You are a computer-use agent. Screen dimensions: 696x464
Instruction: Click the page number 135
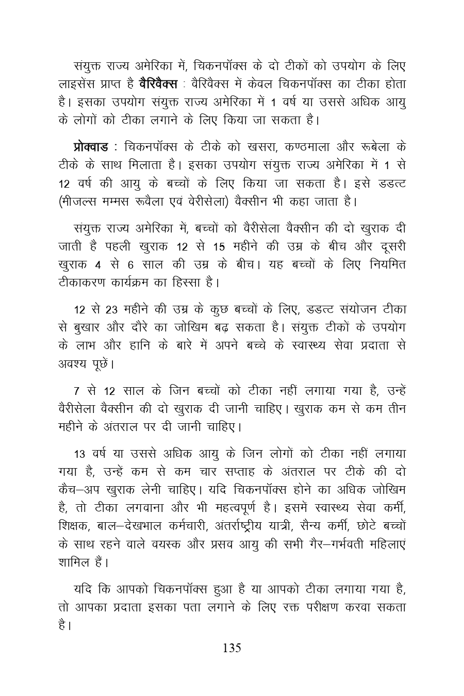(231, 648)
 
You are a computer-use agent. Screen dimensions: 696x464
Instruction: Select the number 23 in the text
(112, 310)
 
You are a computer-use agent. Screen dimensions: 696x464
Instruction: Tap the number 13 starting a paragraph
(81, 454)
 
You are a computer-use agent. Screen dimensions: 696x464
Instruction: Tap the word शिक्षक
(74, 527)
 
